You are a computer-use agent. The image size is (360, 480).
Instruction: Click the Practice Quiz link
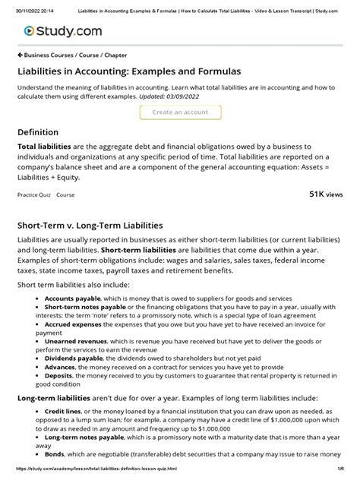[33, 195]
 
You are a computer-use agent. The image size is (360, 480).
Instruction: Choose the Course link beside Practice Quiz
[66, 195]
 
